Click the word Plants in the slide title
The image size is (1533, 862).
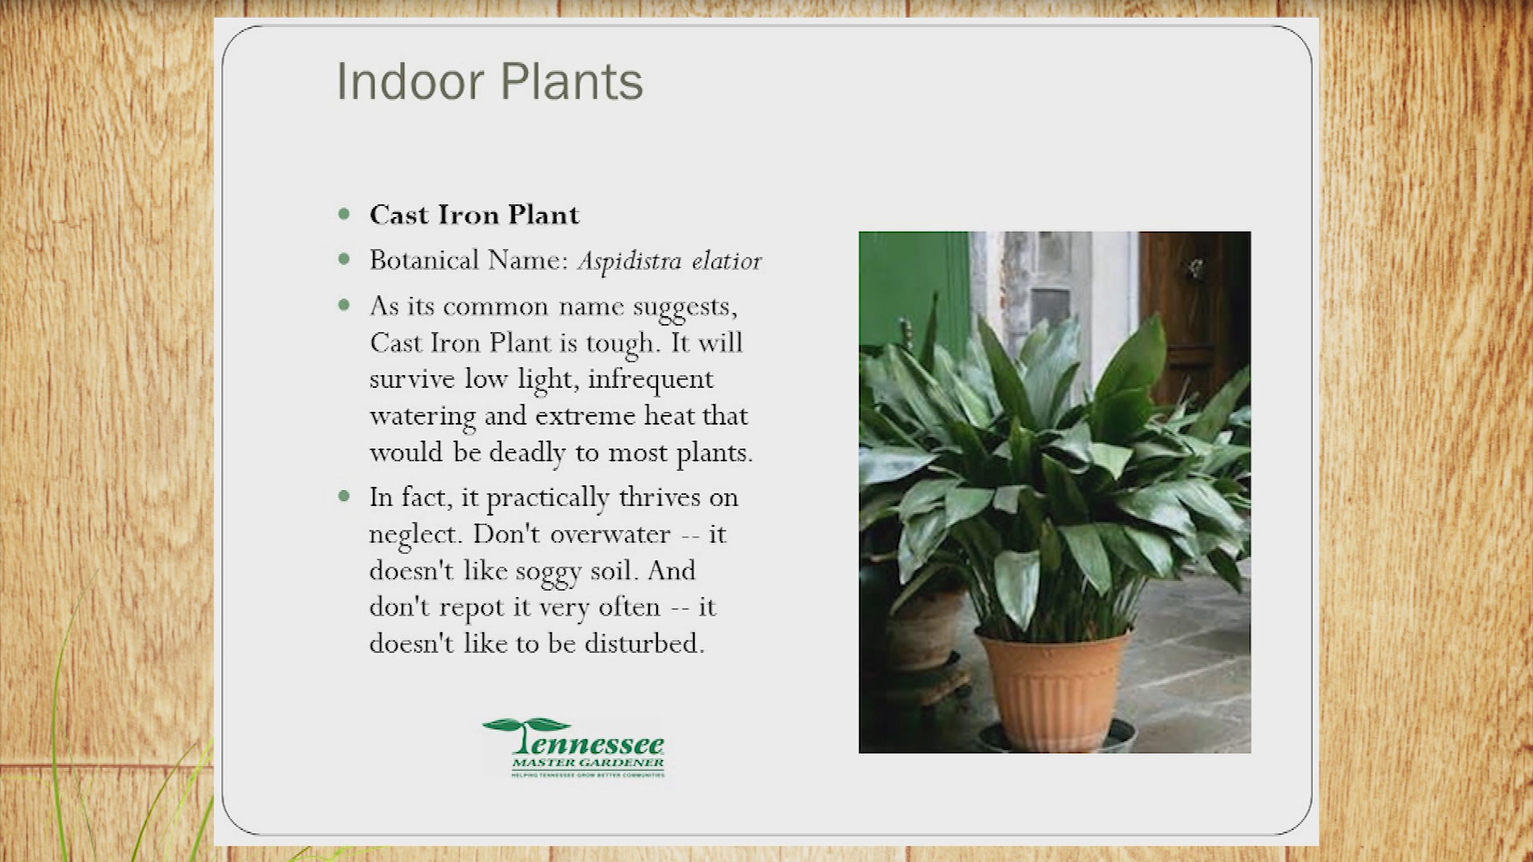[x=572, y=81]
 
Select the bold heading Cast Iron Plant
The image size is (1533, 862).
[x=474, y=215]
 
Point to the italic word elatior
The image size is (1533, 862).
[x=727, y=261]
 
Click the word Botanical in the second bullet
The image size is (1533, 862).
[x=425, y=260]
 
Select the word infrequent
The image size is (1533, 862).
[x=651, y=380]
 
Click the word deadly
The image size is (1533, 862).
[x=528, y=453]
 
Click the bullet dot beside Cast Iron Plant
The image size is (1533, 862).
[x=344, y=214]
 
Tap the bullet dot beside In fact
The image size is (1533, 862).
[x=344, y=496]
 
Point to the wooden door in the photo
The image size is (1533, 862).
[x=1193, y=311]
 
